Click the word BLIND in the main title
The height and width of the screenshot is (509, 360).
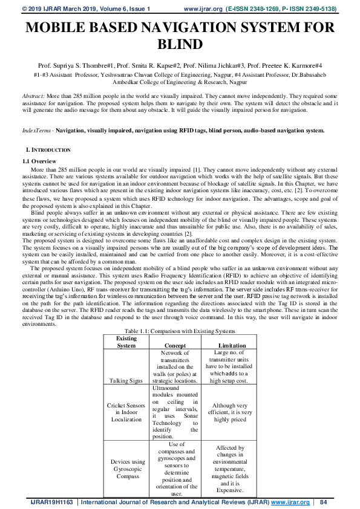[x=179, y=45]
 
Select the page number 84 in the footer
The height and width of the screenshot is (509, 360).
[x=323, y=502]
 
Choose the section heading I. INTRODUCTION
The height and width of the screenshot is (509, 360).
[x=48, y=149]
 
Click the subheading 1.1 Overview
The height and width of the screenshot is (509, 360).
[x=39, y=161]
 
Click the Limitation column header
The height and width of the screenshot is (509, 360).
[x=232, y=345]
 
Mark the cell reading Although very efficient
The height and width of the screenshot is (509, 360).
[x=232, y=412]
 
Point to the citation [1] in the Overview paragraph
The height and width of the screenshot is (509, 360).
[x=196, y=171]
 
